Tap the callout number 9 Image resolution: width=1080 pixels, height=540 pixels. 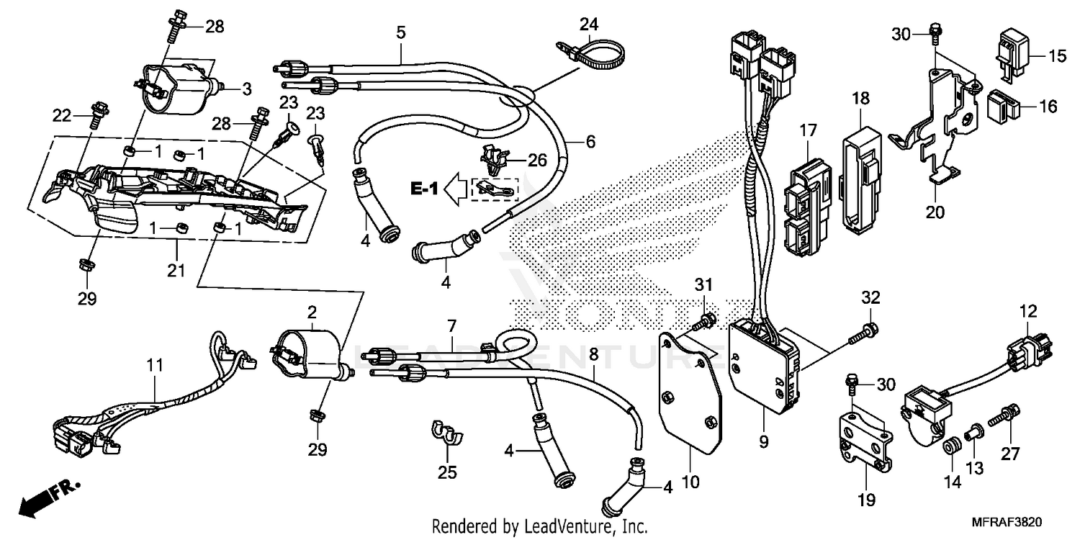pos(763,438)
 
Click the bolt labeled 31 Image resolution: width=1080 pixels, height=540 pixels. pos(704,321)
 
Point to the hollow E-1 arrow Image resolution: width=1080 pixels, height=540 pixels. pos(454,189)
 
